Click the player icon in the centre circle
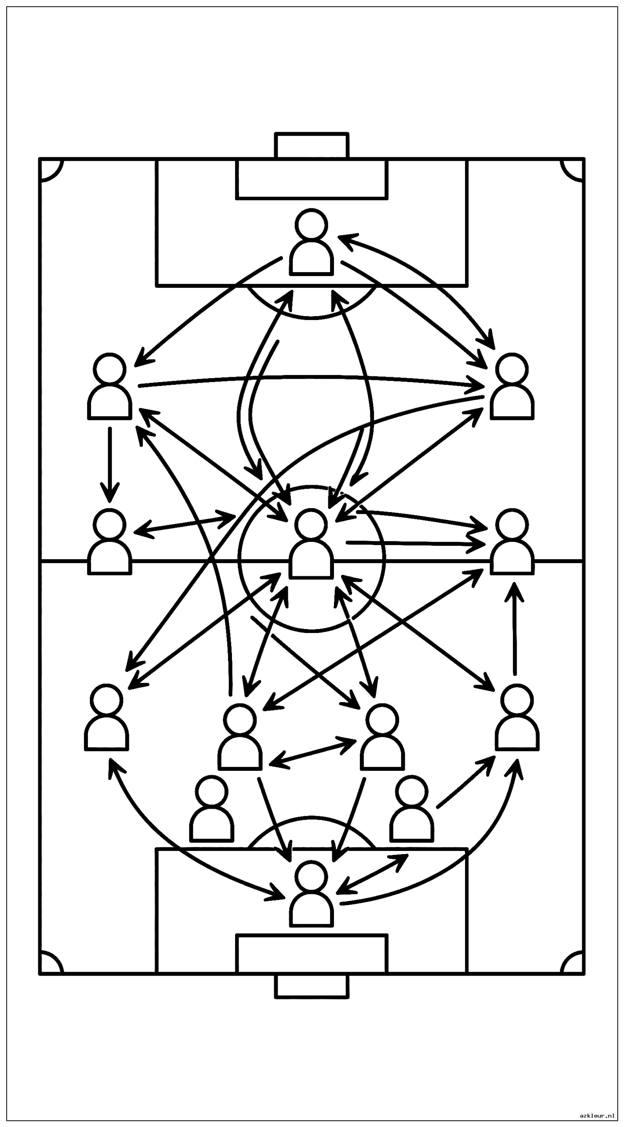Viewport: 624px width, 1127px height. [x=312, y=544]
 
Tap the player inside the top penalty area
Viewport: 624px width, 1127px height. [x=312, y=243]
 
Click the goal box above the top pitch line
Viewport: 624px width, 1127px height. [x=312, y=145]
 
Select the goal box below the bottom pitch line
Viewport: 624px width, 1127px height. [x=312, y=986]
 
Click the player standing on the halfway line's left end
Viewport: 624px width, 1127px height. [x=110, y=542]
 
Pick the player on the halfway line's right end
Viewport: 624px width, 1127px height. [x=512, y=542]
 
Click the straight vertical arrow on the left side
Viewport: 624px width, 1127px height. [x=110, y=464]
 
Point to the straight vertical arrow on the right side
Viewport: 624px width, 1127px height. [x=514, y=629]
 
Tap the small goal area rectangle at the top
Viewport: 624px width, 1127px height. [x=312, y=179]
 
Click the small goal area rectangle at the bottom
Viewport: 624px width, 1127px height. [x=312, y=954]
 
